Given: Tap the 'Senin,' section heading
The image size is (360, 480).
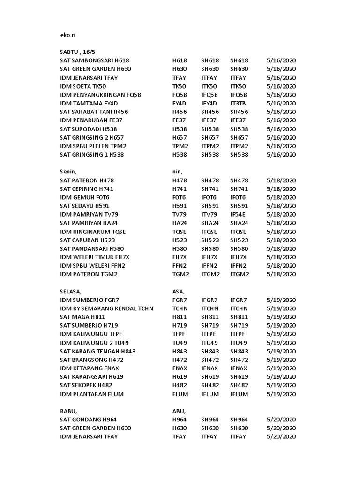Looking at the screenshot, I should coord(69,172).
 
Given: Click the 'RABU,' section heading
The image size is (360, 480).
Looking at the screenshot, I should coord(68,411).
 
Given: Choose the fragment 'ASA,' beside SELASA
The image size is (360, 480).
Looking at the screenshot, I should coord(179,291).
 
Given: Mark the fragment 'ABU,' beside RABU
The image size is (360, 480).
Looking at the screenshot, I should coord(179,411).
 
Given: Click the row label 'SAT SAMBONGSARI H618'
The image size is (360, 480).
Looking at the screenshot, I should coord(95,60).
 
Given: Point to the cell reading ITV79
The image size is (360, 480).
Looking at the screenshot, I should coord(210,214).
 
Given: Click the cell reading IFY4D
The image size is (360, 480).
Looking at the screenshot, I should coord(210,103).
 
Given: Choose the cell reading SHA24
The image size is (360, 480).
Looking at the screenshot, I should coord(239,223).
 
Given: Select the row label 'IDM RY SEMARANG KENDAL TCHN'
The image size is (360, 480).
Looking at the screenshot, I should coord(107,308).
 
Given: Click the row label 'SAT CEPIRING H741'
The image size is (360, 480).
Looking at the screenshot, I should coord(87,188).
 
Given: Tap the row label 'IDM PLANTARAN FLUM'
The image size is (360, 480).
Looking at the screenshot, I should coord(92,394).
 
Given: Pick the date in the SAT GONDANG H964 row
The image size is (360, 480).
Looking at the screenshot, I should coord(281,420).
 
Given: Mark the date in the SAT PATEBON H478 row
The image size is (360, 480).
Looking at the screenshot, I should coord(281,180).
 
